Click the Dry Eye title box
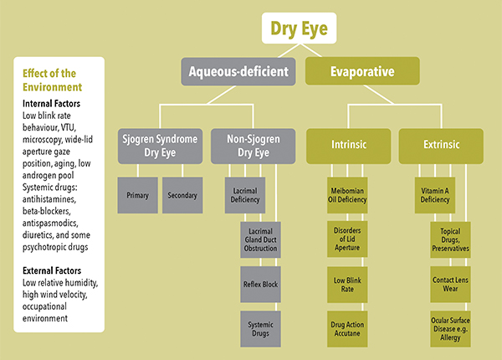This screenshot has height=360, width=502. point(299,30)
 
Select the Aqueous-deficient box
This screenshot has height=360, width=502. point(239,72)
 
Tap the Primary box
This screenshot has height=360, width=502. point(137,195)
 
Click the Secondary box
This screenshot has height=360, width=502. point(182,195)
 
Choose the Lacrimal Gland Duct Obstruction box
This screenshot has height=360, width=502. point(265,239)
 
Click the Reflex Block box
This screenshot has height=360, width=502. point(265,283)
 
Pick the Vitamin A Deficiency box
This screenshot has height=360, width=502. point(437,195)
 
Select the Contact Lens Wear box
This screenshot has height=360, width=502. point(455,283)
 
